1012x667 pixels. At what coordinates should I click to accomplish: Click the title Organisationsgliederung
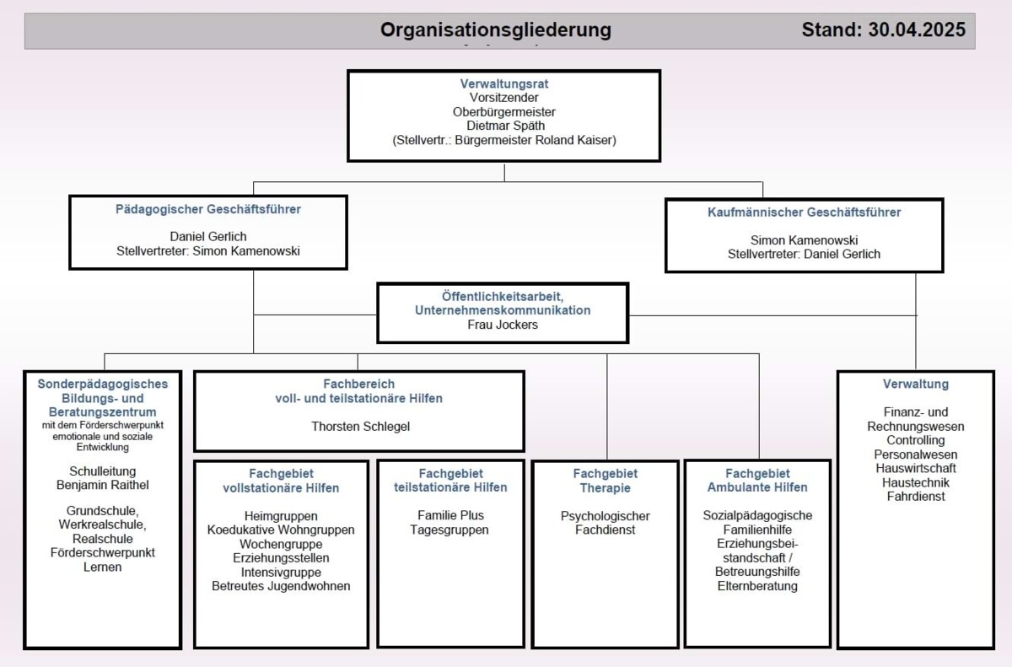point(496,30)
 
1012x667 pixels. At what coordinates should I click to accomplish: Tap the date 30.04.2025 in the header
point(917,30)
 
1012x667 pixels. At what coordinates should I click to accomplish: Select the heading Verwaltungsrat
point(504,83)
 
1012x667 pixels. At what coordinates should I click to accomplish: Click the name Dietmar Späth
point(505,126)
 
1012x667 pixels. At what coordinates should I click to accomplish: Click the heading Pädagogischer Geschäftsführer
point(207,209)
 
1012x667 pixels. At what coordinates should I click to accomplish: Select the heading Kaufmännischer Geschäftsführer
point(805,212)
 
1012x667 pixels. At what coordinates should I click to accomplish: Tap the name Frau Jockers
point(503,325)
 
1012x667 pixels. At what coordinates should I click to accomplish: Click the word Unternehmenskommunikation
point(503,310)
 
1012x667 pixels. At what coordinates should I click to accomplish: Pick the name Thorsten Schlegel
point(361,427)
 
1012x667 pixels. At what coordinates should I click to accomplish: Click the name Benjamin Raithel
point(103,485)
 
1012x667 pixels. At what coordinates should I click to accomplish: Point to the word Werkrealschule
point(102,524)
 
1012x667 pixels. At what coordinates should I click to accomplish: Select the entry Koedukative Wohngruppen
point(281,530)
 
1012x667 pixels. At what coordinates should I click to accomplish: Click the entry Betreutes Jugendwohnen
point(281,586)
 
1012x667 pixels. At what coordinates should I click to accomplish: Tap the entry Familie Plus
point(450,515)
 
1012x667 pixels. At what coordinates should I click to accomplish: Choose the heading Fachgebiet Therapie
point(605,481)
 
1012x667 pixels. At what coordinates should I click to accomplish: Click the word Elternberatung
point(757,586)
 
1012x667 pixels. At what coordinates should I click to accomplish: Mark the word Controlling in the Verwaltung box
point(915,440)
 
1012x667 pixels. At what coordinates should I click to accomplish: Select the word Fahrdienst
point(915,497)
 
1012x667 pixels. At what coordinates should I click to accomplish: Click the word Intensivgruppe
point(281,573)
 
